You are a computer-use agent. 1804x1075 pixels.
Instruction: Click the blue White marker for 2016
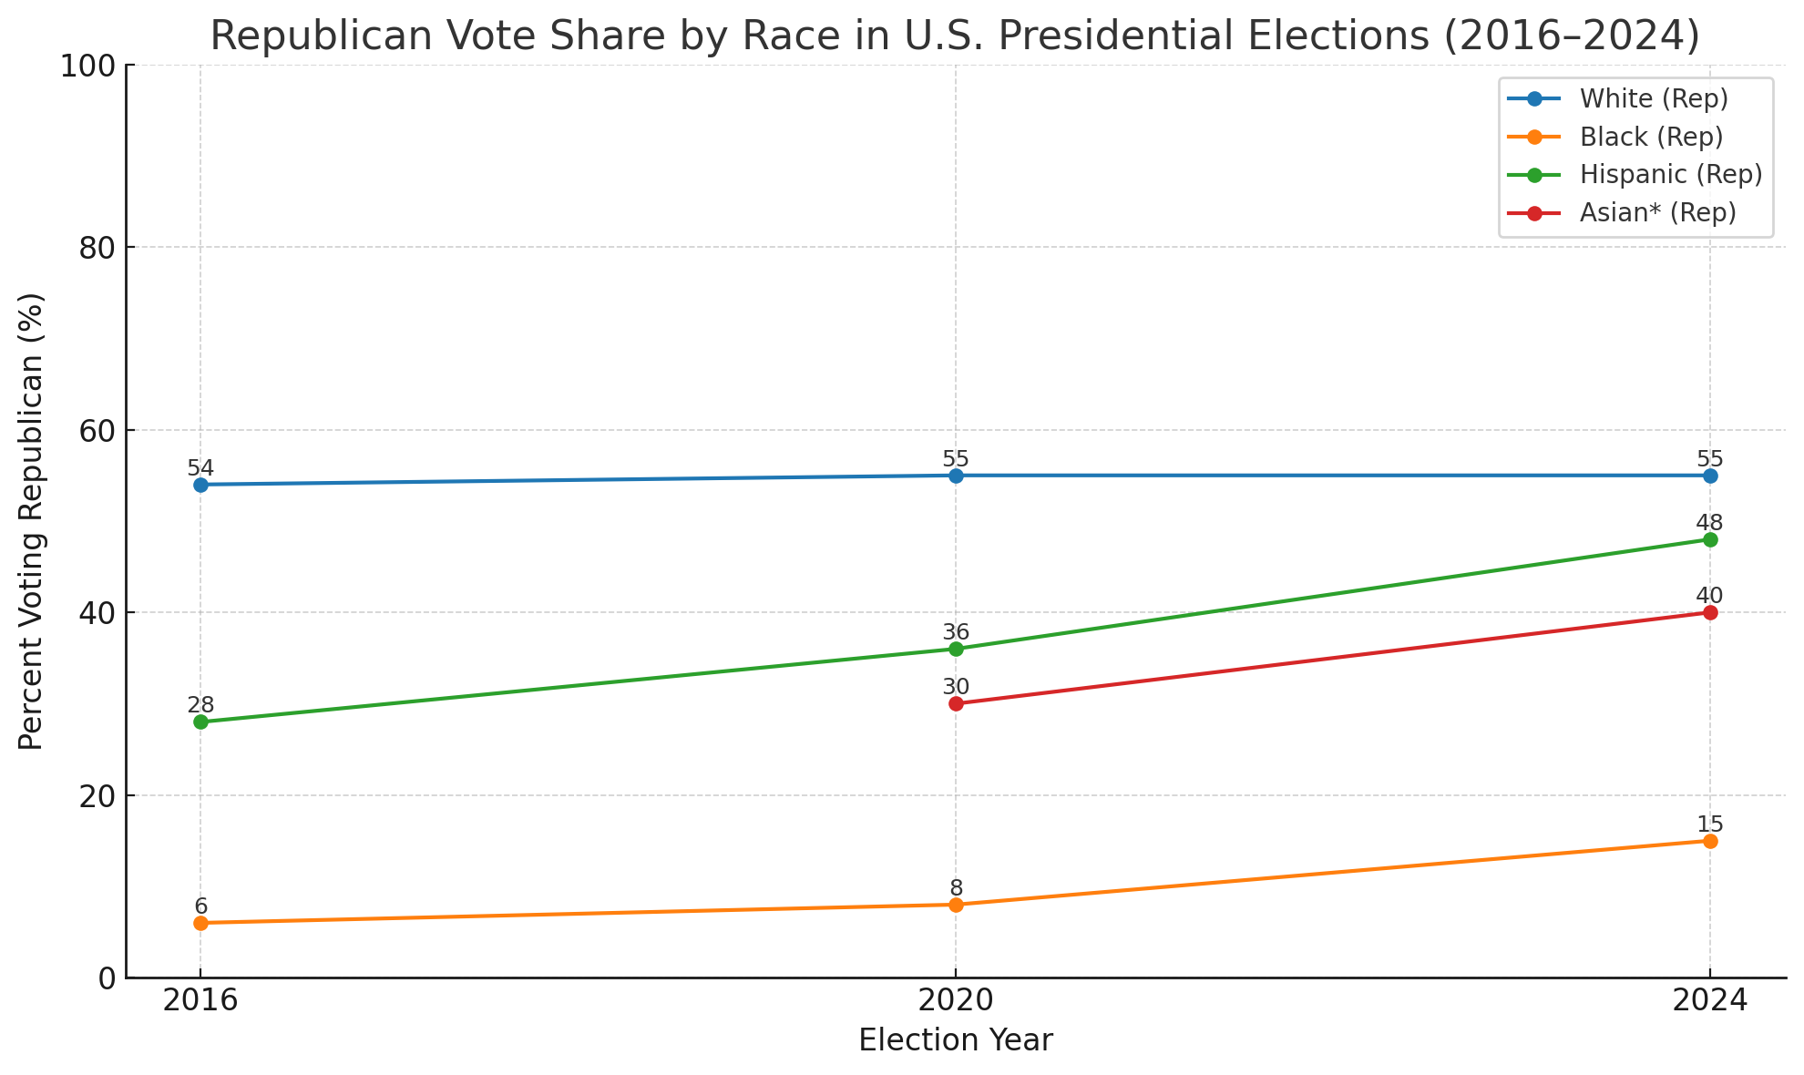200,485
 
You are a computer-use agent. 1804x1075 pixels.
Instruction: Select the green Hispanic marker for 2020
956,649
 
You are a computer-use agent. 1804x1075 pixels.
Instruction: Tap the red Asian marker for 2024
1710,612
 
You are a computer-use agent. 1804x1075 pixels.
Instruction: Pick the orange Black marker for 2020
956,905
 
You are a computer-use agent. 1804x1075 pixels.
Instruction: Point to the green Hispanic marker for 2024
1710,539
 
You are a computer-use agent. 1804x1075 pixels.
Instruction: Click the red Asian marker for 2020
956,703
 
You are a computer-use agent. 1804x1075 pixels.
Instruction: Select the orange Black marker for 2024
1710,841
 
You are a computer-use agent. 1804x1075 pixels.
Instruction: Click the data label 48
1709,523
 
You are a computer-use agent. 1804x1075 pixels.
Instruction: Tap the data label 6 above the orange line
200,906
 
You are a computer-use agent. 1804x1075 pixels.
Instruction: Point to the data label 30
956,687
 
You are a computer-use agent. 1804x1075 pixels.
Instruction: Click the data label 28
200,705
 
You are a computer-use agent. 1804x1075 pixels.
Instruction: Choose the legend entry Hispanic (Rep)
1671,174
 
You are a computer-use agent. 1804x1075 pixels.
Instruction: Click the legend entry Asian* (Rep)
1658,212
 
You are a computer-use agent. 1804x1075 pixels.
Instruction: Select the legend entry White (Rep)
1654,98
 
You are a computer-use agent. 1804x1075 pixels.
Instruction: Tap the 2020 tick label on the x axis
956,1001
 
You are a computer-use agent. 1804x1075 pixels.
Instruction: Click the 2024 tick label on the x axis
1709,1001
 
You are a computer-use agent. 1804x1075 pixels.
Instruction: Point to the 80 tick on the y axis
97,248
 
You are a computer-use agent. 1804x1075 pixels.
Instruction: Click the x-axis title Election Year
956,1040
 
